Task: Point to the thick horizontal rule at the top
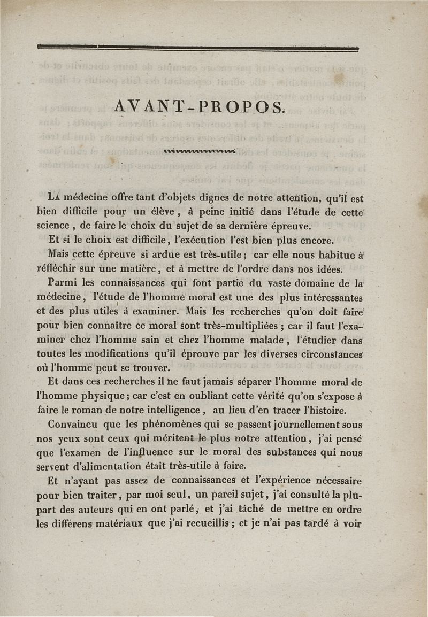(198, 48)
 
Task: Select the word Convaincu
(79, 425)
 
